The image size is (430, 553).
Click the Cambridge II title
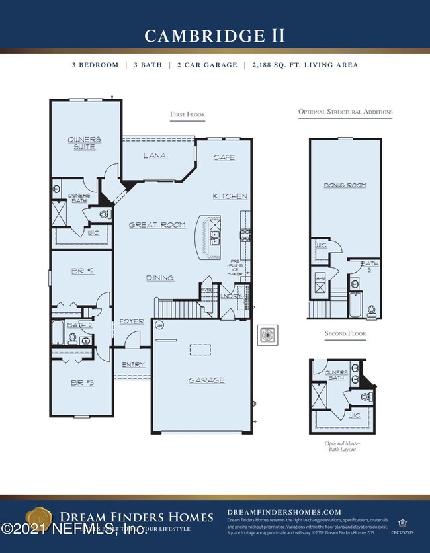pos(214,36)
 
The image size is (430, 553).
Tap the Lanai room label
pos(156,156)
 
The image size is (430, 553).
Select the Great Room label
pos(157,226)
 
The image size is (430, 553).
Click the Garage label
pos(206,380)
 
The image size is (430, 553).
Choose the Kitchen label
pos(230,196)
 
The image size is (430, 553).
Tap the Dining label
pos(159,278)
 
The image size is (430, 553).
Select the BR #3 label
pos(83,382)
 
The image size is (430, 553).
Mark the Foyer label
pos(132,321)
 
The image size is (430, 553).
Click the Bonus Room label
pos(345,185)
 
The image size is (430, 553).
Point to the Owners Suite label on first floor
pos(85,143)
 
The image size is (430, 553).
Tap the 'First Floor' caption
pos(187,115)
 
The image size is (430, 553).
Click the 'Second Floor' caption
pos(345,334)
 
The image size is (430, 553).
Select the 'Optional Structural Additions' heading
pos(345,112)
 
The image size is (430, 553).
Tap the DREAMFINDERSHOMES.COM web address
pos(284,512)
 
